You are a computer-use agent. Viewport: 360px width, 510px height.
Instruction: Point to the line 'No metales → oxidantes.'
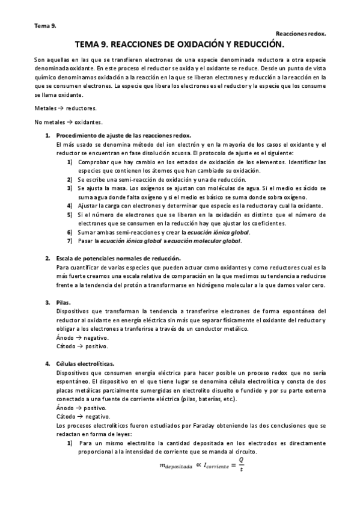pos(69,122)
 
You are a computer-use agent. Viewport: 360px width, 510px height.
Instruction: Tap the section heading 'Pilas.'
pos(63,302)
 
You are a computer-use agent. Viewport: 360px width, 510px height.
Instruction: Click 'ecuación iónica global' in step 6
pos(215,232)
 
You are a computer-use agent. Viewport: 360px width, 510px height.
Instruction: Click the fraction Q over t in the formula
pos(241,465)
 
